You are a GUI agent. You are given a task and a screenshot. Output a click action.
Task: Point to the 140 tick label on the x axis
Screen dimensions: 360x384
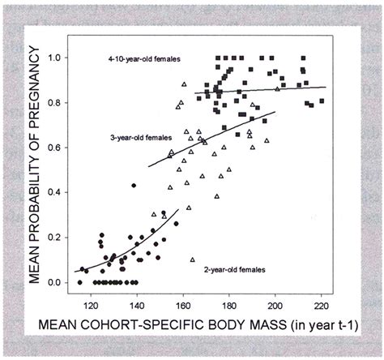(x=136, y=306)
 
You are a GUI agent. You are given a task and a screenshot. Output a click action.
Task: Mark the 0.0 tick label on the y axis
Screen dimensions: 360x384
(x=55, y=282)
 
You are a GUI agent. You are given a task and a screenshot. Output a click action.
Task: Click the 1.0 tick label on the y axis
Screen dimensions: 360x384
(x=55, y=58)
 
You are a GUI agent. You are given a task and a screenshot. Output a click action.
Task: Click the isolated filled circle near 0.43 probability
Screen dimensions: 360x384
(x=134, y=186)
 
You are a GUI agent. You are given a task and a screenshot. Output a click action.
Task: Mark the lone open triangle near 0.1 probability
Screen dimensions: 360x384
(x=193, y=259)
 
